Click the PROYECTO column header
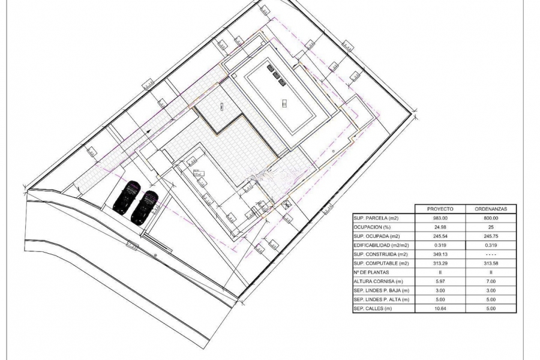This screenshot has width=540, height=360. point(440,209)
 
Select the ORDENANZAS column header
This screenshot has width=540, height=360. point(491,209)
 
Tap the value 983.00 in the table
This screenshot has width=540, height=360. point(440,218)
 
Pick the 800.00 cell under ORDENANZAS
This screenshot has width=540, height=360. point(491,218)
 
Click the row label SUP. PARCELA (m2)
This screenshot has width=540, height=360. point(376,218)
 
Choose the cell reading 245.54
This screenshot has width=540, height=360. point(440,236)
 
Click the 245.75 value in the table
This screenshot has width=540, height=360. point(491,236)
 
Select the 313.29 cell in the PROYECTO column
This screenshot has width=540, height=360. point(440,263)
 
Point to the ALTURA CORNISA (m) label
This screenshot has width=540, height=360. point(378,281)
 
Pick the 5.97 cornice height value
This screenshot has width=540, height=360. point(440,281)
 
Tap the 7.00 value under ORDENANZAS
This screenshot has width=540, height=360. point(491,281)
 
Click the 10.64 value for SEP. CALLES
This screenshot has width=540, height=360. point(440,309)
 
